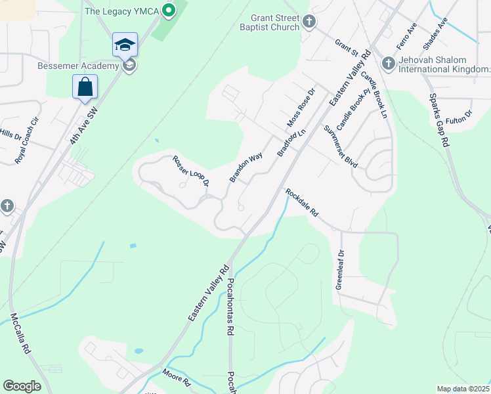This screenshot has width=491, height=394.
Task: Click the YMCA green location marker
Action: pyautogui.click(x=169, y=11)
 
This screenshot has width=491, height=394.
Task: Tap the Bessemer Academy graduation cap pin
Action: pyautogui.click(x=125, y=45)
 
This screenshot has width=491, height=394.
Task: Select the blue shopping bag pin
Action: pyautogui.click(x=85, y=87)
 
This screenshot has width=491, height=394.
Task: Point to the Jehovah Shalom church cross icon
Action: pyautogui.click(x=388, y=63)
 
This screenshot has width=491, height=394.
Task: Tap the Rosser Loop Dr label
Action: pyautogui.click(x=190, y=169)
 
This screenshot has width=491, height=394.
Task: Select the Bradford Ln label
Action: pyautogui.click(x=291, y=142)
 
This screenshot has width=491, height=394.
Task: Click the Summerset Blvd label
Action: pyautogui.click(x=341, y=146)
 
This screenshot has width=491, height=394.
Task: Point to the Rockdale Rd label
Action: pyautogui.click(x=301, y=203)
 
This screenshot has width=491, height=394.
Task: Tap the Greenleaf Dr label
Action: pyautogui.click(x=340, y=269)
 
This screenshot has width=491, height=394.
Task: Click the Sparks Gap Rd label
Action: pyautogui.click(x=438, y=119)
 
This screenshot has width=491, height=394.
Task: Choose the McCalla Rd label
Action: pyautogui.click(x=21, y=333)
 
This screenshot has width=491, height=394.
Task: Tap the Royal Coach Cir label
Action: pyautogui.click(x=28, y=140)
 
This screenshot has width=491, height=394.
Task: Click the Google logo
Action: pyautogui.click(x=22, y=386)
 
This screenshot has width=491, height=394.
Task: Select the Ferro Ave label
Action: pyautogui.click(x=406, y=37)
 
